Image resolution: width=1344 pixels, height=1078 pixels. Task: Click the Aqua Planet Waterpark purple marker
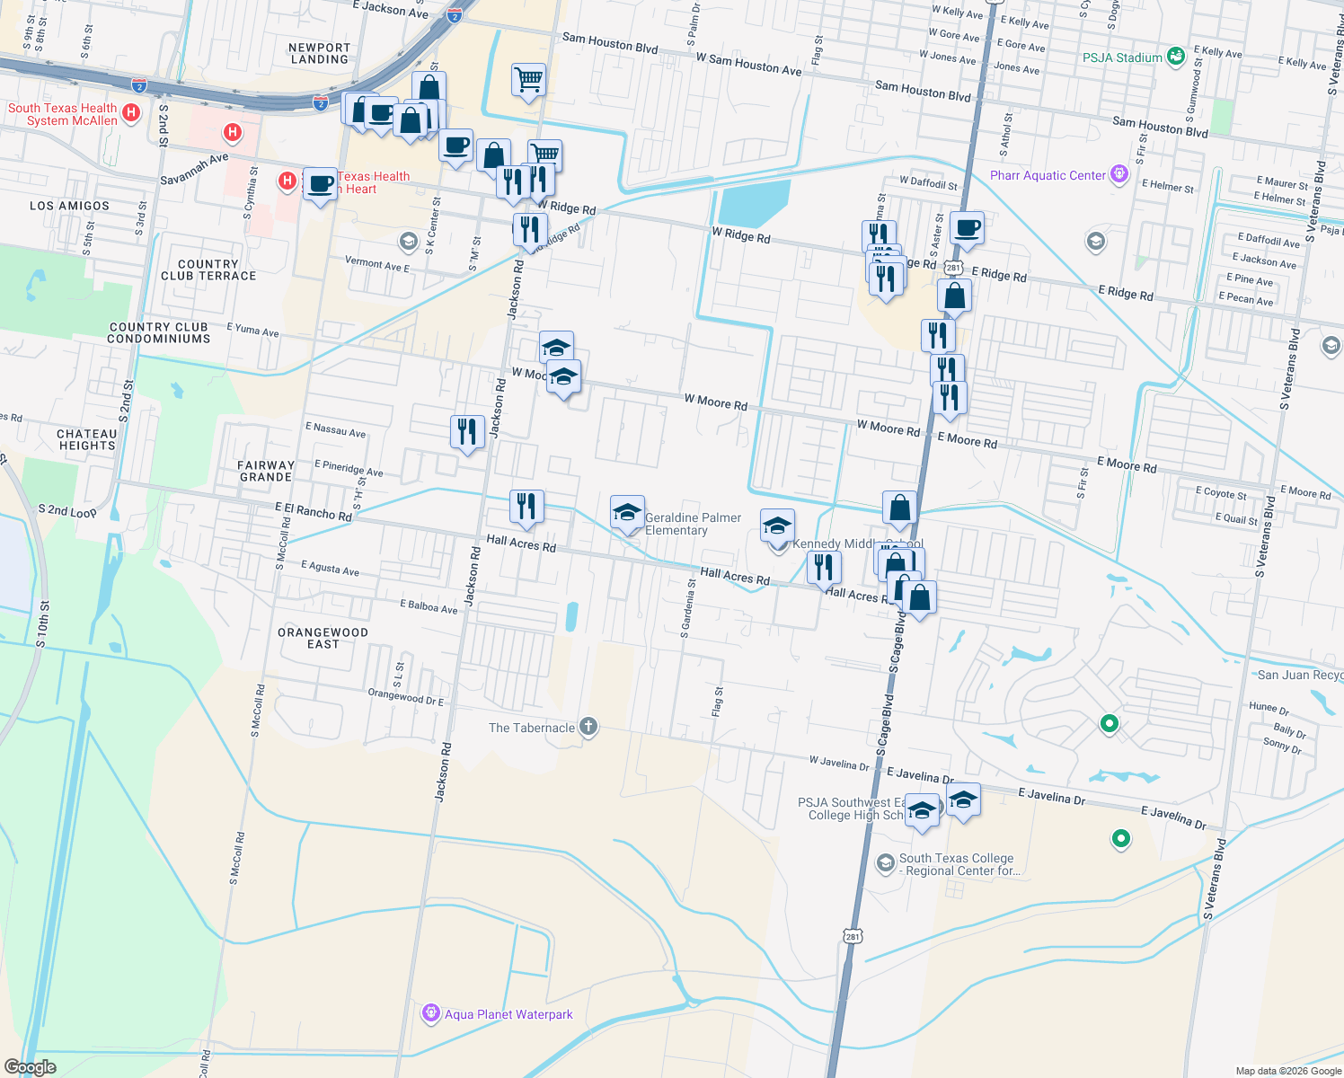(x=431, y=1014)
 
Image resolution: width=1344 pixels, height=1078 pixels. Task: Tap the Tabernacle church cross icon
(x=588, y=727)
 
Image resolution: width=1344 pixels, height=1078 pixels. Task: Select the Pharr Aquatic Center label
(x=1048, y=175)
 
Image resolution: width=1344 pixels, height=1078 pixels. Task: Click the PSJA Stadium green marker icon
(x=1175, y=57)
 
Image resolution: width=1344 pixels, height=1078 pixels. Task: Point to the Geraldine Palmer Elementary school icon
(x=627, y=513)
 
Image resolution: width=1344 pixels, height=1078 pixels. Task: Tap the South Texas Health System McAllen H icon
(x=131, y=113)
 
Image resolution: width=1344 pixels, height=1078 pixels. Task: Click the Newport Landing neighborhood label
(x=320, y=53)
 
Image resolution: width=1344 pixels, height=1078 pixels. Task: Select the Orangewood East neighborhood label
(x=323, y=638)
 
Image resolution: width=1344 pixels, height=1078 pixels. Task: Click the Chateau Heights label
(x=86, y=439)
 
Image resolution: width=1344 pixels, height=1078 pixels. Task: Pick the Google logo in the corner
(x=30, y=1066)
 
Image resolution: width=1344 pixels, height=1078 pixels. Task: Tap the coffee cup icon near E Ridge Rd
(x=967, y=228)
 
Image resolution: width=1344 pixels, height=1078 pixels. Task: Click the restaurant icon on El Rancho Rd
(x=526, y=507)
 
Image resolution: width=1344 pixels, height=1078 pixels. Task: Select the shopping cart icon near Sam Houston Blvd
(x=529, y=79)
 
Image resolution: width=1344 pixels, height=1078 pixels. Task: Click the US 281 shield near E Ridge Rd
(x=954, y=268)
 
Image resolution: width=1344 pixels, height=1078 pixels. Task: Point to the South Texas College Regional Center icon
(x=885, y=863)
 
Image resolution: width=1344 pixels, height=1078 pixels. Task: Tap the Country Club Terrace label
(x=208, y=270)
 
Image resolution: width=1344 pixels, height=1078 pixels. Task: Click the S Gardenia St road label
(x=686, y=608)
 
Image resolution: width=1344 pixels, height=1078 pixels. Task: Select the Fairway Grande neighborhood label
(x=266, y=471)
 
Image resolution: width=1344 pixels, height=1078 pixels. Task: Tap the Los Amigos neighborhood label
(x=69, y=206)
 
